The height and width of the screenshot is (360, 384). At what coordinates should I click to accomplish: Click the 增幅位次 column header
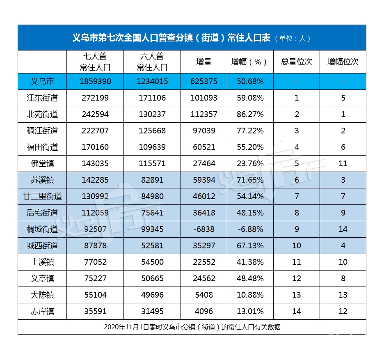[x=343, y=62]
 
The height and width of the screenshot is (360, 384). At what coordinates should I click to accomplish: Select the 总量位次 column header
[x=296, y=62]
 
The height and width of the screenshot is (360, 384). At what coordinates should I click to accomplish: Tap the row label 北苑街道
[x=42, y=114]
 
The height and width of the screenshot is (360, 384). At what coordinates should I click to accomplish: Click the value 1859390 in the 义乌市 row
[x=95, y=81]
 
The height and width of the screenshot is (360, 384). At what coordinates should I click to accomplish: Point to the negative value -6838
[x=203, y=229]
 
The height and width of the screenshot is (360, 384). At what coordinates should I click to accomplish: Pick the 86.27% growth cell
[x=250, y=114]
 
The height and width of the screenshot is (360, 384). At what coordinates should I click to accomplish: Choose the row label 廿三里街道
[x=42, y=196]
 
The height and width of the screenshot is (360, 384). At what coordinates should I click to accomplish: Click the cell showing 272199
[x=95, y=98]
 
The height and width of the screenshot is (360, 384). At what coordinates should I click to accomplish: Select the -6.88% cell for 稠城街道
[x=250, y=229]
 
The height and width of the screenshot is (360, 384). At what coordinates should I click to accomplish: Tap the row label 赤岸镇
[x=42, y=311]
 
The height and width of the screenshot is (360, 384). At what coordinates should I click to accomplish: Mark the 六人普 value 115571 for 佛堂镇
[x=152, y=163]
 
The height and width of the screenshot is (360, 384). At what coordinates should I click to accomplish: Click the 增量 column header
[x=203, y=62]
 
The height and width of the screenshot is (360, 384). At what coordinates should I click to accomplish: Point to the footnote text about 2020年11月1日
[x=192, y=327]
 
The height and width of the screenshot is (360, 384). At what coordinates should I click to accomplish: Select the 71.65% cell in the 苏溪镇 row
[x=250, y=180]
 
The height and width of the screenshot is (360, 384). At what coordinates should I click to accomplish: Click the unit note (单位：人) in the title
[x=293, y=38]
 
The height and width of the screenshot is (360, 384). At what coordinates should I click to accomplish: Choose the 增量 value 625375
[x=203, y=81]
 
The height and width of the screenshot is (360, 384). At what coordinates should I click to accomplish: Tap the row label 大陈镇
[x=42, y=295]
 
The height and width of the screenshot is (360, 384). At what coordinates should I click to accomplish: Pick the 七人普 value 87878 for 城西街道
[x=95, y=245]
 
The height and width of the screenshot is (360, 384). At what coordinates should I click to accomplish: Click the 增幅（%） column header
[x=250, y=62]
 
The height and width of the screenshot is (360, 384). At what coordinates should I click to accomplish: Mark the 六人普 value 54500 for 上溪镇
[x=152, y=262]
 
